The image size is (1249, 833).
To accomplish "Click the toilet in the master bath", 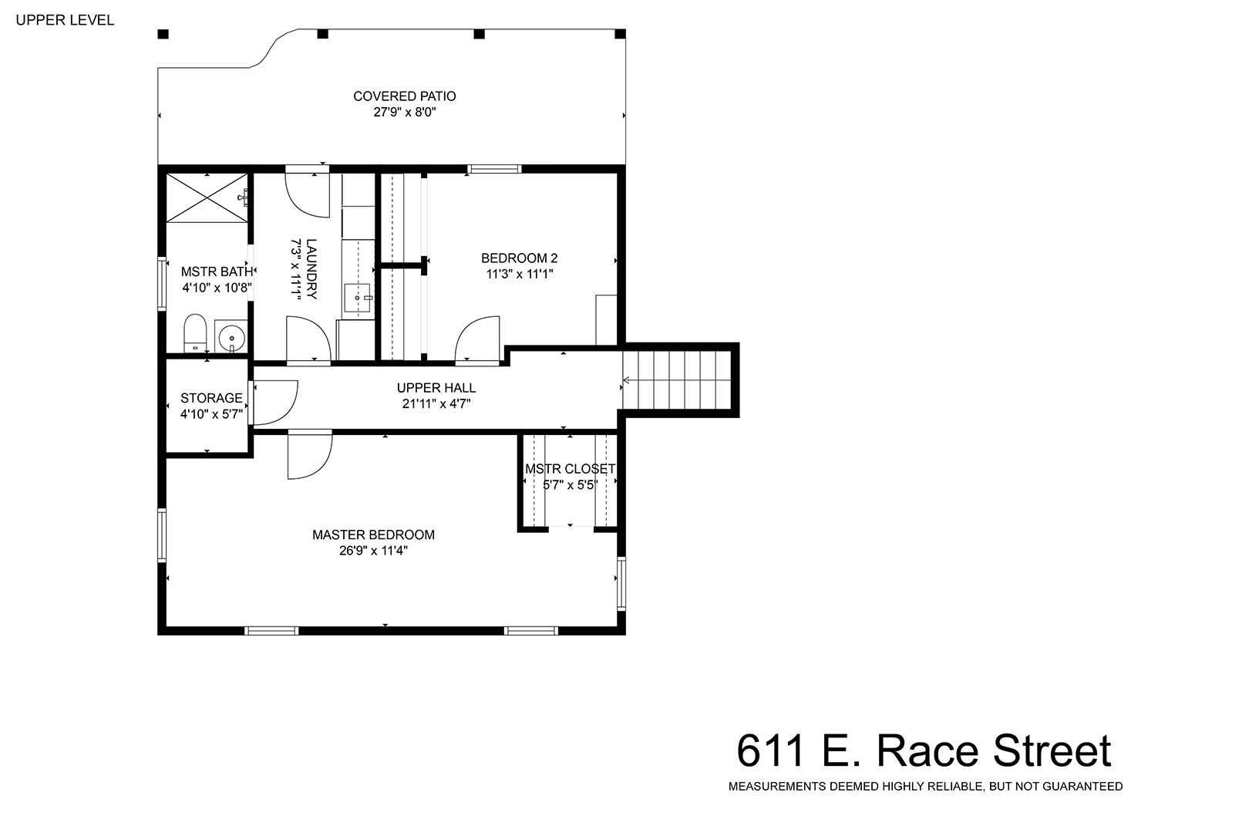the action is pos(195,332).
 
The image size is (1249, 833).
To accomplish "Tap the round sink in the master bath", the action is pos(231,338).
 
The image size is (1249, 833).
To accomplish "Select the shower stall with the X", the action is pos(207,198).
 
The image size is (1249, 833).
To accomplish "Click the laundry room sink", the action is pos(358,298).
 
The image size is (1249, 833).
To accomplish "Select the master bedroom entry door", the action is pos(309,455).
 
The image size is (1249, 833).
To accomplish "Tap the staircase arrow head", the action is pos(626,380).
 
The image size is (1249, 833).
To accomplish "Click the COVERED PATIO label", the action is pos(405,96).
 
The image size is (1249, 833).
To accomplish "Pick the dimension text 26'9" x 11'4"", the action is pos(374,551).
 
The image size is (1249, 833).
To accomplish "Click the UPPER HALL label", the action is pos(436,388).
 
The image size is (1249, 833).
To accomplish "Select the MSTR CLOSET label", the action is pos(570,469).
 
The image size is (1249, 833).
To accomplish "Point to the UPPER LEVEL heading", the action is pos(66,20).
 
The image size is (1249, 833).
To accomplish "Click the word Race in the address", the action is pos(927,751).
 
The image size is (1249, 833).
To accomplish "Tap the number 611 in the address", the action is pos(770,751).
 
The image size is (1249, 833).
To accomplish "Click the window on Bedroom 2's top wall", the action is pos(494,169).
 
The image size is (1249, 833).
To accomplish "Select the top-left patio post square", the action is pos(163,34).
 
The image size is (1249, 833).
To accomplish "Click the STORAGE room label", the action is pos(211,398).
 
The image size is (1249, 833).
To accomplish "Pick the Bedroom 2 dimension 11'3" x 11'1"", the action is pos(519,274).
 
